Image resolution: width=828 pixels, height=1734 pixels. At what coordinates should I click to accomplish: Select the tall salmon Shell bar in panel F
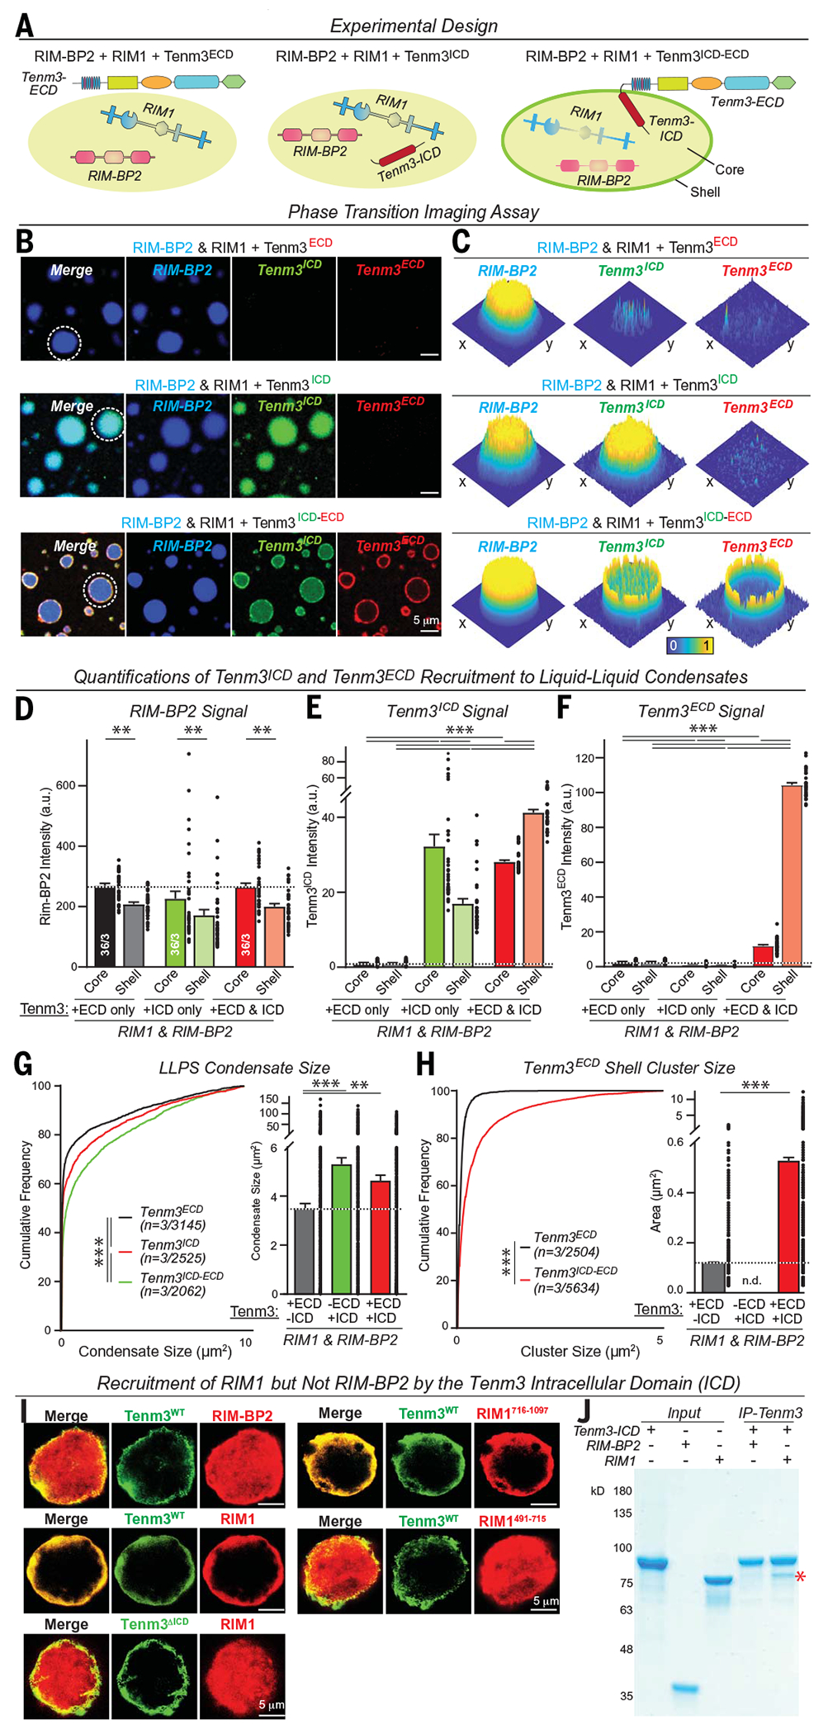coord(791,874)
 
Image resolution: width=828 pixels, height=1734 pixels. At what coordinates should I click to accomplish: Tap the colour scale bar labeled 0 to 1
coord(690,645)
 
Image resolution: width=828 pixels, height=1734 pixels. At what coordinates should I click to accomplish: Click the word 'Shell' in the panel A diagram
coord(705,192)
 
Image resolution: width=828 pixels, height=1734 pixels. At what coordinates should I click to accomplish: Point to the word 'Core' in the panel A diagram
coord(729,169)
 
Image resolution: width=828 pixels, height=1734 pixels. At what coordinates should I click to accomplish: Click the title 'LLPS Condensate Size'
coord(244,1068)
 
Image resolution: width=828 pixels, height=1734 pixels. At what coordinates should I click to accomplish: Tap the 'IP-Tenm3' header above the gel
coord(770,1413)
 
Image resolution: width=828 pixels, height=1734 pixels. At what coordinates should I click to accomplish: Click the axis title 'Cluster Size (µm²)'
coord(580,1351)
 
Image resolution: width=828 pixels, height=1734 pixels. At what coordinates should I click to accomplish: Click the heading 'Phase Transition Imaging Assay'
coord(414,211)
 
